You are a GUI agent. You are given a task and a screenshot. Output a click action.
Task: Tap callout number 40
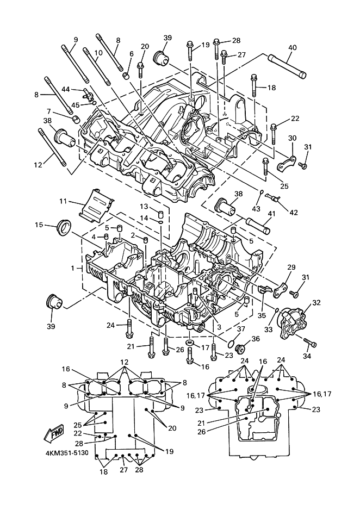click(x=292, y=48)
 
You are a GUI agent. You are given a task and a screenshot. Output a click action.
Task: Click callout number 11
click(x=63, y=201)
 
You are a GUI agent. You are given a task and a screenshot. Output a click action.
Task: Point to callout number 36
click(x=255, y=338)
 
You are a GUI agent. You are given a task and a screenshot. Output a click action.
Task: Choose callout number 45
click(x=76, y=105)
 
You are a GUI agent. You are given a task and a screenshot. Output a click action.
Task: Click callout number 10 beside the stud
click(x=98, y=53)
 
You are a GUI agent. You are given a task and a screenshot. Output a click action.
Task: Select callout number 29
click(x=291, y=268)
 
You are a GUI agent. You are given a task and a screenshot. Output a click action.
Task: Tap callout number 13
click(x=144, y=207)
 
